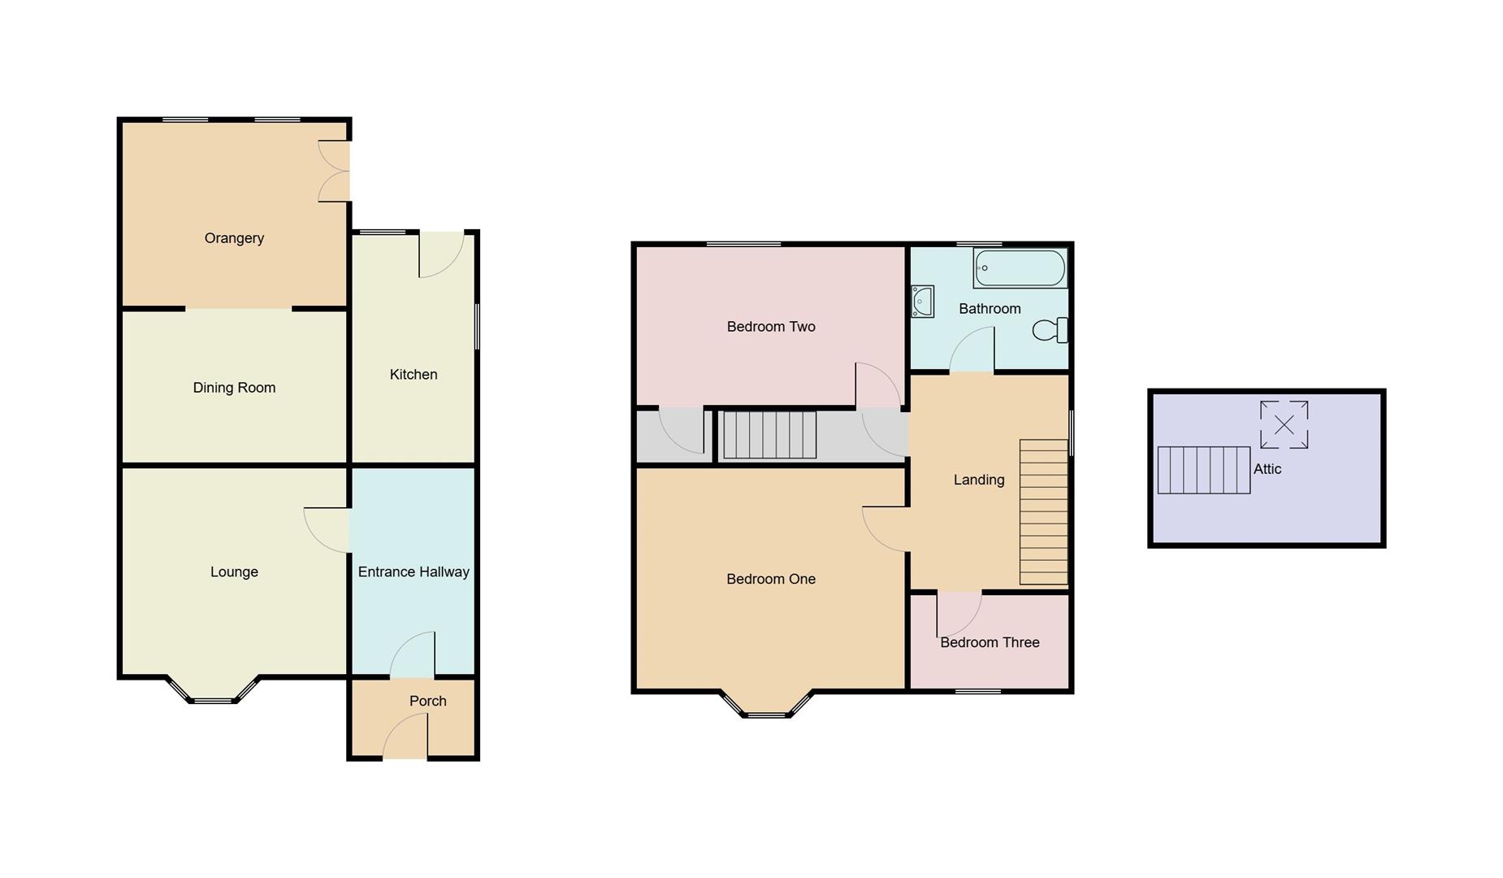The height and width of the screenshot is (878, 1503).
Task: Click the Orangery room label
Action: (x=234, y=238)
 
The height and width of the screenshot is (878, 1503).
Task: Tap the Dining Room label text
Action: (x=234, y=388)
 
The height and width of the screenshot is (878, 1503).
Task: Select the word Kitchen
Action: (x=414, y=375)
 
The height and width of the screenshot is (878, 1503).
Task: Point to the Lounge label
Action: (x=234, y=572)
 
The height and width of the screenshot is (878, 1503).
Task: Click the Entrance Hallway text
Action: (x=414, y=572)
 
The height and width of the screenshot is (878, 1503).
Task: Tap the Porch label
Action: (x=427, y=701)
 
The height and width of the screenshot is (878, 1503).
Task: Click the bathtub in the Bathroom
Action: (x=1020, y=268)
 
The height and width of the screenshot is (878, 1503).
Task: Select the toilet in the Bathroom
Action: (x=1050, y=330)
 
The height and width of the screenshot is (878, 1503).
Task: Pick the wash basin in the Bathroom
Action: (x=922, y=301)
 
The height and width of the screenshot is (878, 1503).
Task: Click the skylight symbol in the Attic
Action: (x=1284, y=424)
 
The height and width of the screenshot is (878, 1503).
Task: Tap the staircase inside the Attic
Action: (x=1203, y=470)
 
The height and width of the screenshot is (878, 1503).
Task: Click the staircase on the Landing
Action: (x=1043, y=512)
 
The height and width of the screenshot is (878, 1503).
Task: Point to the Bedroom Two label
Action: (x=770, y=327)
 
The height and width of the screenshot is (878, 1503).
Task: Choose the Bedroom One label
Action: (x=770, y=580)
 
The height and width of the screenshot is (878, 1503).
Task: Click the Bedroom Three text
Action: (x=989, y=642)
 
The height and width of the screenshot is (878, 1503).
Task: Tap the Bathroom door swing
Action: (x=973, y=351)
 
